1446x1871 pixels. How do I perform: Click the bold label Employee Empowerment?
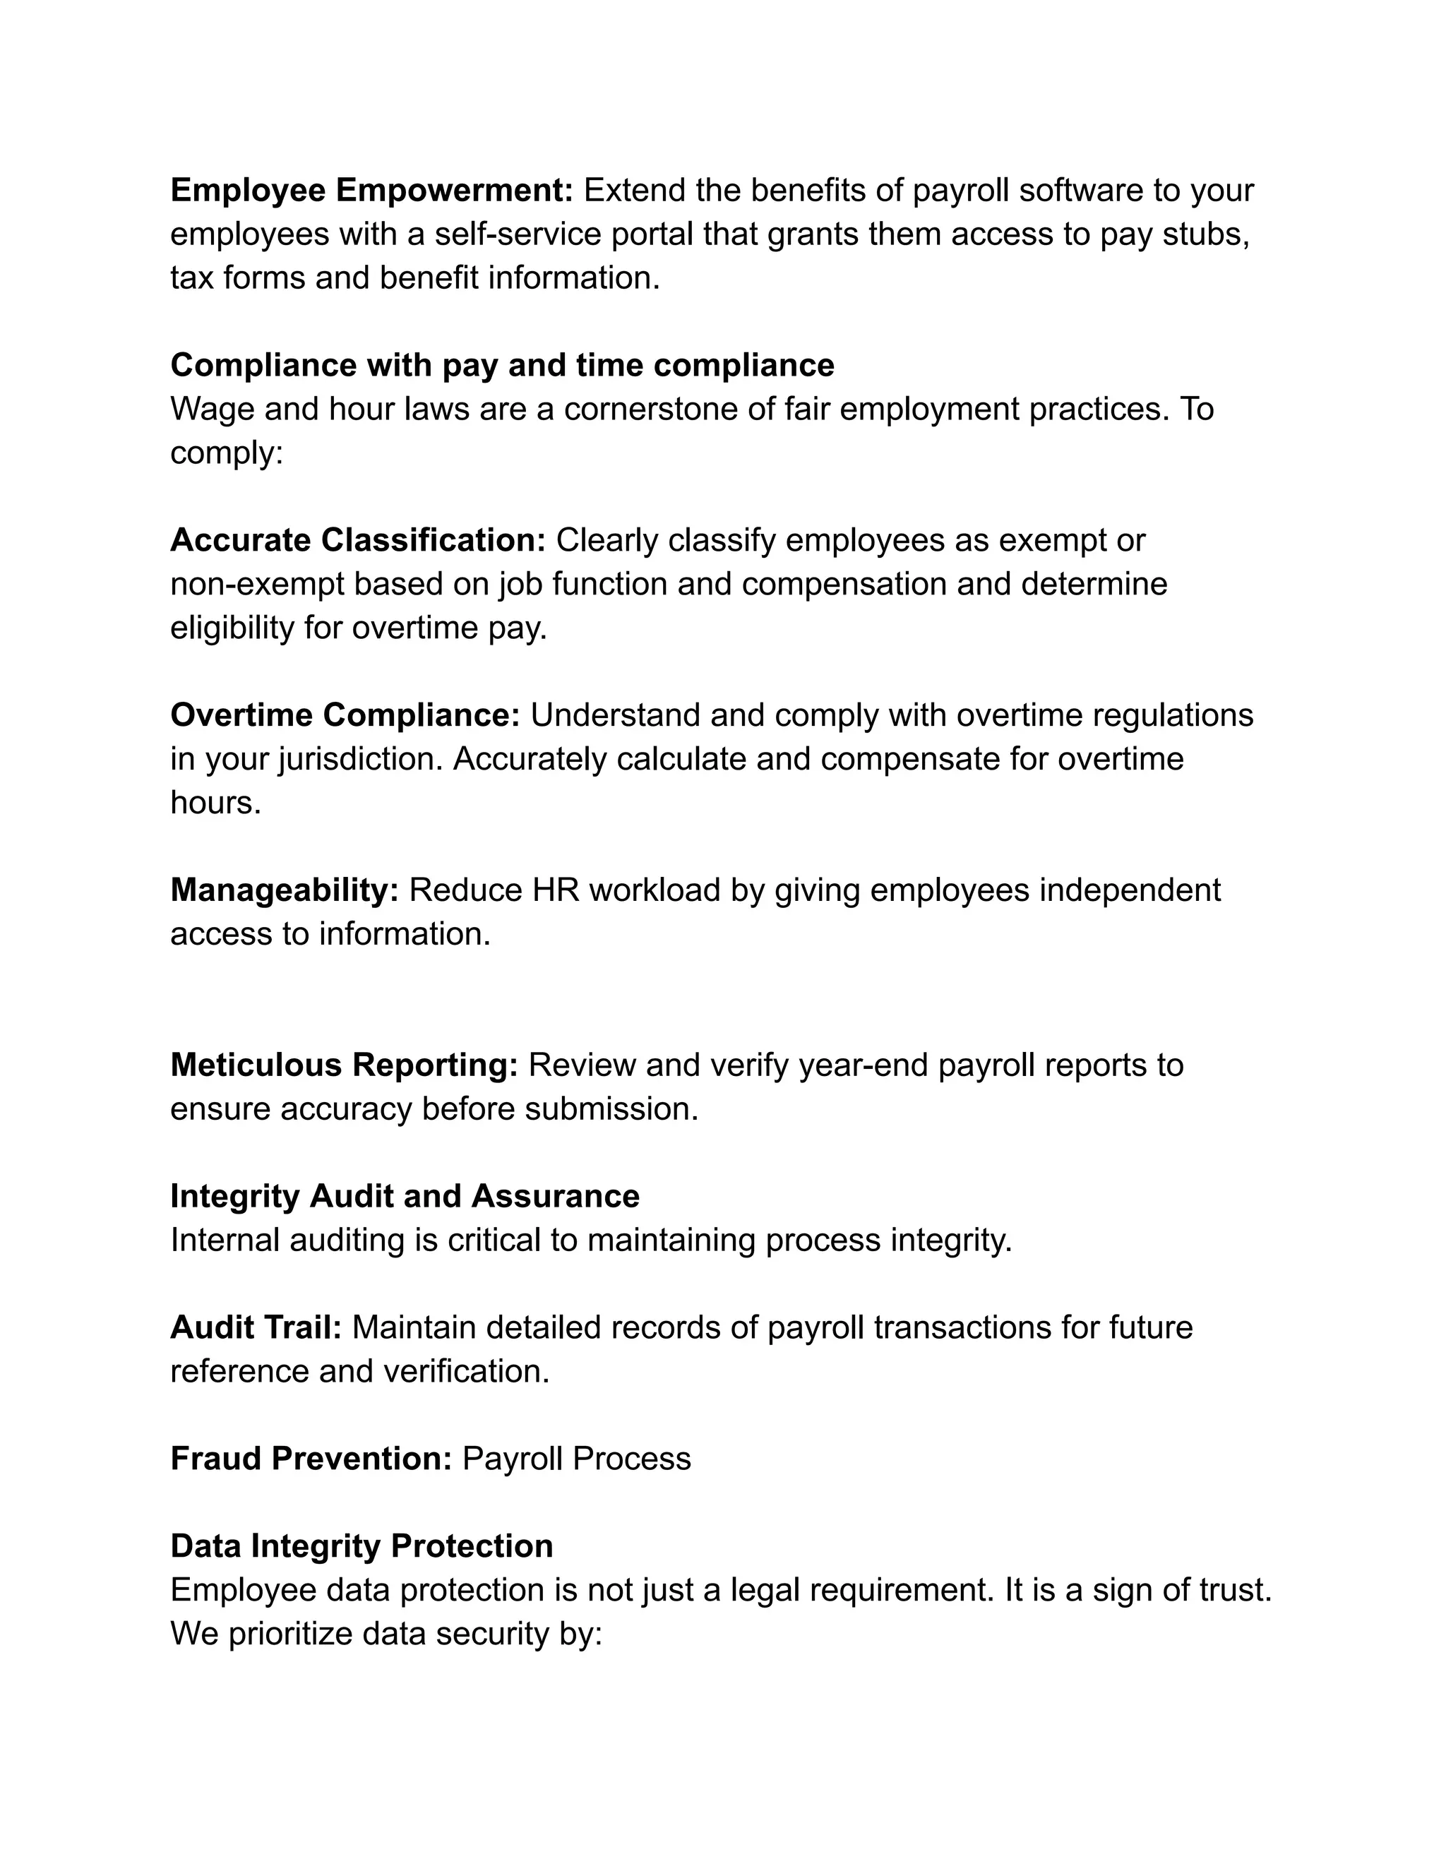pos(371,190)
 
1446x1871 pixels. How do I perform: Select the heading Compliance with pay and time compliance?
pos(502,365)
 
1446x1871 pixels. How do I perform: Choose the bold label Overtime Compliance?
pos(345,715)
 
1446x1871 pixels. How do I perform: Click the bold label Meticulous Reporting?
pos(345,1064)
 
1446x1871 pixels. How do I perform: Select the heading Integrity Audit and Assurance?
pos(405,1196)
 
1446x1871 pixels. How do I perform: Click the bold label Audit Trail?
pos(256,1327)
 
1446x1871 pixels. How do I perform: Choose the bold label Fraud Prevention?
pos(311,1458)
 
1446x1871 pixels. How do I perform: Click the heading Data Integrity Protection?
pos(361,1546)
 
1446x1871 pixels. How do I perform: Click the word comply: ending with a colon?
pos(226,453)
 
